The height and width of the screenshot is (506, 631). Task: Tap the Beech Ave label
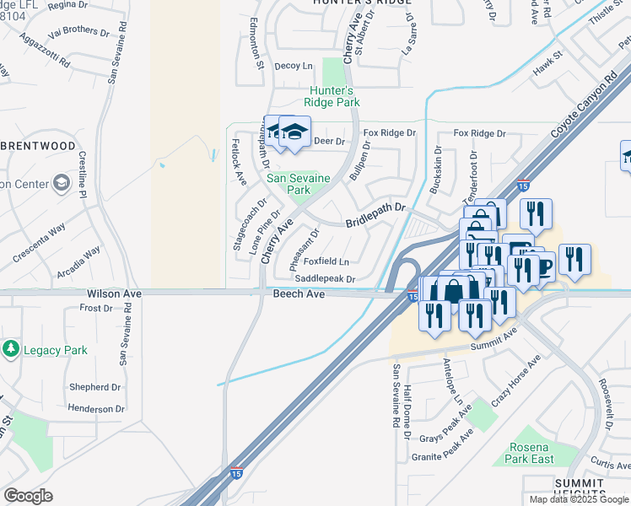(299, 293)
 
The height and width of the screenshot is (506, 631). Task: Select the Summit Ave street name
(499, 337)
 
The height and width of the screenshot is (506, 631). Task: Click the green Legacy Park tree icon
(10, 348)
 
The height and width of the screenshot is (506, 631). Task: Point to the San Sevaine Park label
(289, 184)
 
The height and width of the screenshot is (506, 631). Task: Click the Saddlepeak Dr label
(325, 278)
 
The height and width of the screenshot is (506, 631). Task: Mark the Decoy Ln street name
(294, 66)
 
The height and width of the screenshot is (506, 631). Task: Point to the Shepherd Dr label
(95, 387)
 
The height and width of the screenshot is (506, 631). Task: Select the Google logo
(28, 496)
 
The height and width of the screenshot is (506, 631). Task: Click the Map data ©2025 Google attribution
(580, 499)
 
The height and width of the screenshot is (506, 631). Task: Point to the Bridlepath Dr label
(375, 214)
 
